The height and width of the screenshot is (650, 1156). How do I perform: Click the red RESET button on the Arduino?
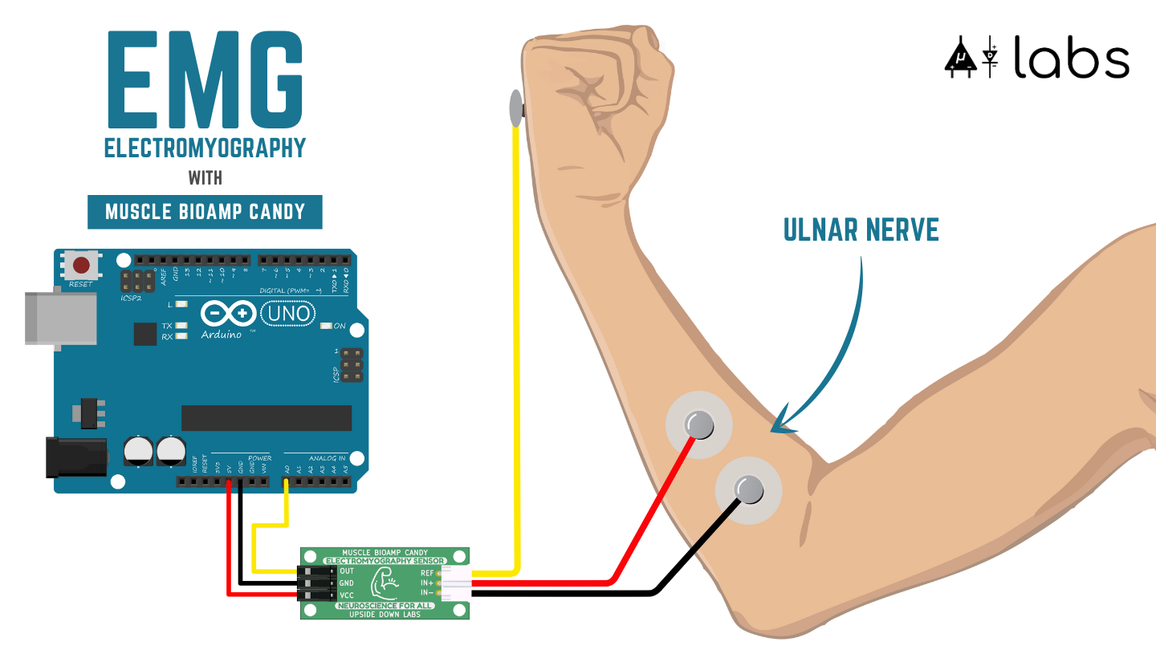(81, 265)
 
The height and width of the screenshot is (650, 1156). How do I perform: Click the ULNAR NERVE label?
(861, 231)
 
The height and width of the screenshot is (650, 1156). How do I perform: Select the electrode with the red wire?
(698, 425)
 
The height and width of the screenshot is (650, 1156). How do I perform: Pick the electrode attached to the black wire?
(749, 489)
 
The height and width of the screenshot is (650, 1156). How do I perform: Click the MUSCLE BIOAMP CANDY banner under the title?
(205, 212)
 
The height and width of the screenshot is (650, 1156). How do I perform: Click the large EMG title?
(205, 80)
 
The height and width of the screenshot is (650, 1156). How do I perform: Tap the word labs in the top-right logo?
(1071, 58)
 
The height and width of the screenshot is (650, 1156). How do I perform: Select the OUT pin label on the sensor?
(347, 571)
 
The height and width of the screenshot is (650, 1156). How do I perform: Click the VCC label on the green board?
(347, 595)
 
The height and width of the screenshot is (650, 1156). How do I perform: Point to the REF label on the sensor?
(426, 573)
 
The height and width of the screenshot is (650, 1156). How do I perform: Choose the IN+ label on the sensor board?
(426, 583)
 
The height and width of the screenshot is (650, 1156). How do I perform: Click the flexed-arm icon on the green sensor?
(385, 583)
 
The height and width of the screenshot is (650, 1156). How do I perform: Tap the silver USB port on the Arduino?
(60, 319)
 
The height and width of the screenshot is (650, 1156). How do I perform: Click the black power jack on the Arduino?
(76, 457)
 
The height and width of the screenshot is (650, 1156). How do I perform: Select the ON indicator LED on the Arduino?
(327, 326)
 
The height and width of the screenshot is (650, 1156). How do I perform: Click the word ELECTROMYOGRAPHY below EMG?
(205, 148)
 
